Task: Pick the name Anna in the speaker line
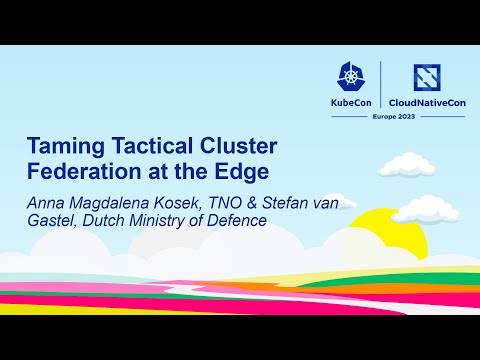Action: (x=45, y=200)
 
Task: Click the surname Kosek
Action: (x=172, y=200)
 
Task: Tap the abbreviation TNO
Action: (x=220, y=200)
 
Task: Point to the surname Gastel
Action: (x=49, y=220)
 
